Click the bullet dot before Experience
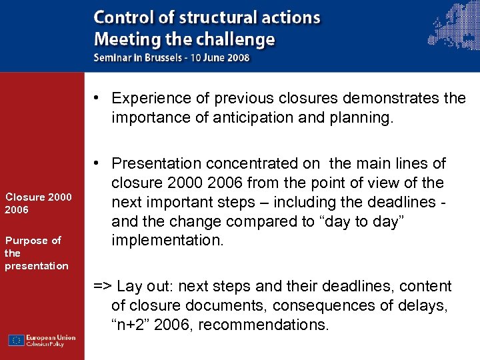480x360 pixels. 97,99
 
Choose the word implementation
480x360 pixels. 167,241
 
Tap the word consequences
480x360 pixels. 340,306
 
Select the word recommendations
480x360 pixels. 263,325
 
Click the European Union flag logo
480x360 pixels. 17,340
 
